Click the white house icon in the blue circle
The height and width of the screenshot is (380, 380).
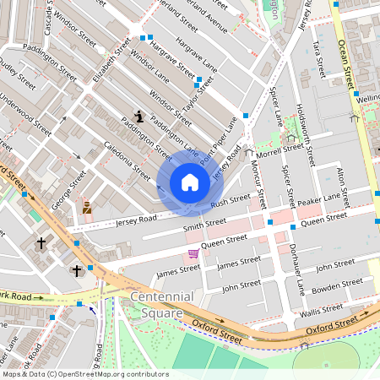point(190,182)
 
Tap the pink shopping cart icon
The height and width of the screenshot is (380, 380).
point(193,252)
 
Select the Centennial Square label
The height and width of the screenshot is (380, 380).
point(161,305)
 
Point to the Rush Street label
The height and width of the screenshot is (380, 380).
point(230,202)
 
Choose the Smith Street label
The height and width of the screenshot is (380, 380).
point(204,224)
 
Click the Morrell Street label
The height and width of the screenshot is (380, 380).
point(280,151)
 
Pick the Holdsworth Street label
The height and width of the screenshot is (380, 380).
point(307,133)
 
